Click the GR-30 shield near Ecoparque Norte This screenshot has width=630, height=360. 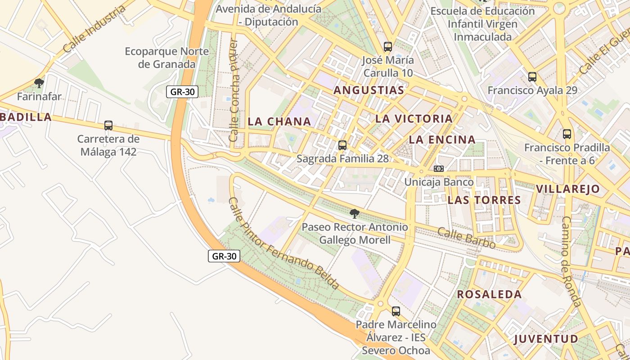pos(182,92)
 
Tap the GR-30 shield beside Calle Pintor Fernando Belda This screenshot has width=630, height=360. pos(224,256)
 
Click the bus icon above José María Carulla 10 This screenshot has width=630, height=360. pos(387,46)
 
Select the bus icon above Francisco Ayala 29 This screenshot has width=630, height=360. pos(532,77)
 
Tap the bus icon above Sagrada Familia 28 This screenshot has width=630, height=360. pos(342,145)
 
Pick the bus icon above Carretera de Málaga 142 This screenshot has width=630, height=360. pos(108,126)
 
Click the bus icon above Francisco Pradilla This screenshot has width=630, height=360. pos(567,134)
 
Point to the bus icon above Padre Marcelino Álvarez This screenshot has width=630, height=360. pos(396,311)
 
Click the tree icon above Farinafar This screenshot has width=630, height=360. pos(39,83)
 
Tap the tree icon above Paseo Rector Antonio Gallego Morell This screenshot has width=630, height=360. pos(355,213)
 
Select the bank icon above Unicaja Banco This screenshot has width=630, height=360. pos(439,169)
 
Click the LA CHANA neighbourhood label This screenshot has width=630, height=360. pos(279,121)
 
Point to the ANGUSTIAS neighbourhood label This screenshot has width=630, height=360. pos(369,90)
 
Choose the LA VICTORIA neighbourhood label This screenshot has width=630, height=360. pos(414,119)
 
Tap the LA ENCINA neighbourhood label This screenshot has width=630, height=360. pos(442,140)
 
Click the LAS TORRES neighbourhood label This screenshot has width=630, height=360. pos(484,200)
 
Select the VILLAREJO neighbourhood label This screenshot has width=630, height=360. pos(568,189)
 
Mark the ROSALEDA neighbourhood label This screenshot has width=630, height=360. pos(490,295)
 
